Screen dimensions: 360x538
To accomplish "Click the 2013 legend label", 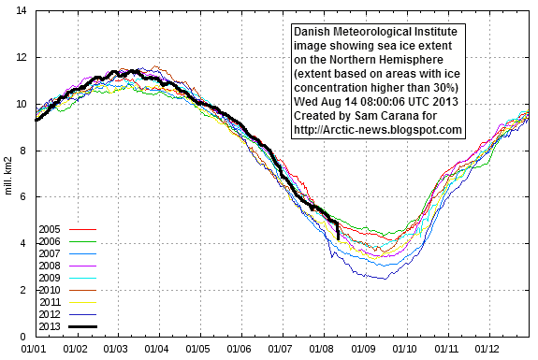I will click(x=51, y=327).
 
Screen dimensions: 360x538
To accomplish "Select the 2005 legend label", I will click(x=51, y=228).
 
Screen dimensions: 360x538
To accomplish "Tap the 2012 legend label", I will click(x=51, y=315).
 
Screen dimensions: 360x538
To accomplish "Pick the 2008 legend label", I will click(x=51, y=266).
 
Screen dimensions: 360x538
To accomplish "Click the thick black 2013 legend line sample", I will click(x=83, y=327).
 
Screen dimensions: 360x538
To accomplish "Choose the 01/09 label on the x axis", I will click(x=364, y=349).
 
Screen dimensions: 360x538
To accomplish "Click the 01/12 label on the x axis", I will click(x=487, y=349).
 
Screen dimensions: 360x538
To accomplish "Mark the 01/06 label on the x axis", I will click(x=240, y=349).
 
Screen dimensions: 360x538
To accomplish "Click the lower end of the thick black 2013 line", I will click(x=338, y=239).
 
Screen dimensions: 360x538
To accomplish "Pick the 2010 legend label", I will click(x=51, y=290).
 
